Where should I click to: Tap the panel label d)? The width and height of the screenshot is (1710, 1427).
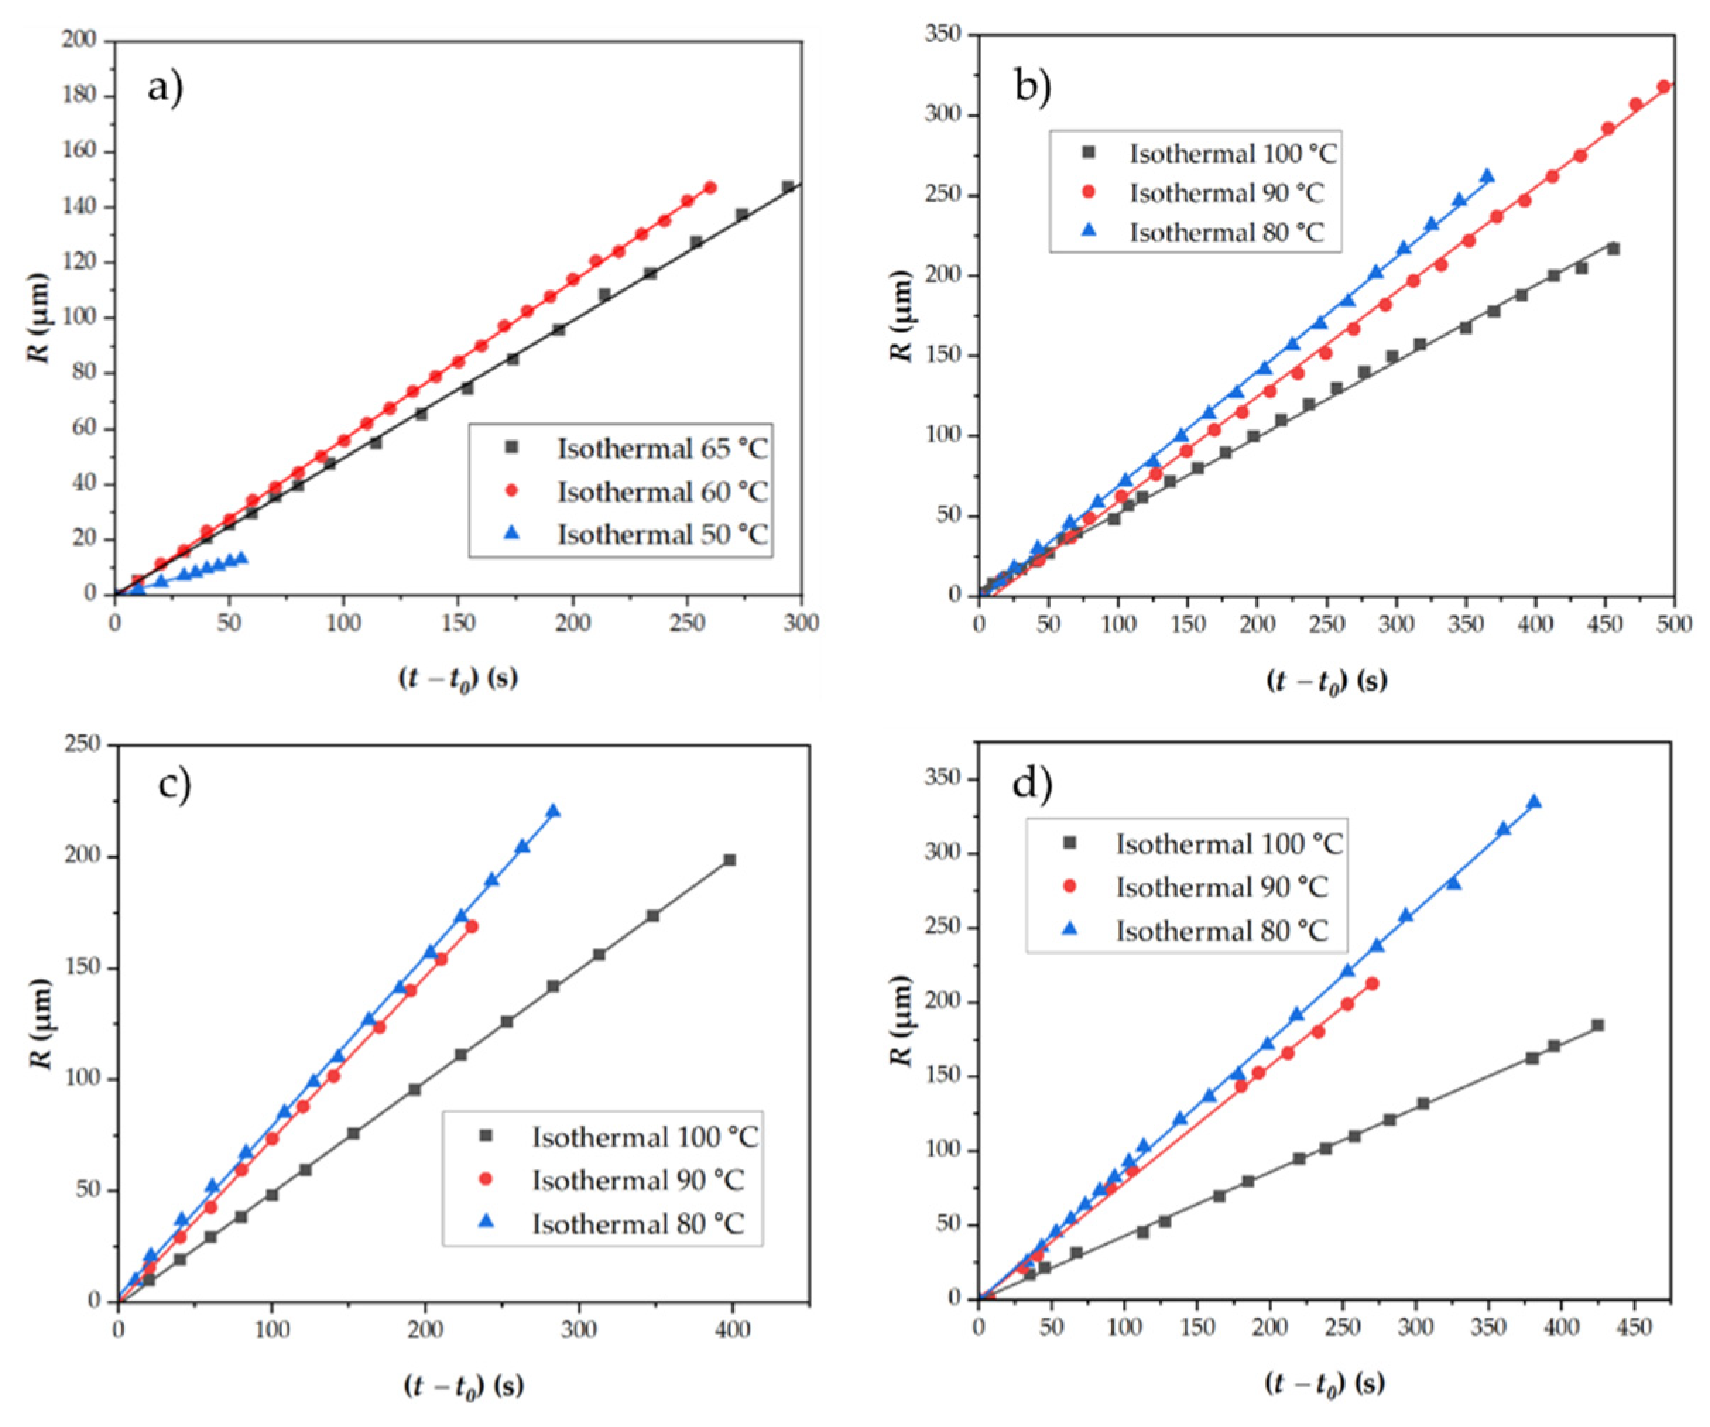pos(1032,784)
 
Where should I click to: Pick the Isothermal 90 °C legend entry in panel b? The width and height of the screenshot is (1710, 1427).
pos(1226,193)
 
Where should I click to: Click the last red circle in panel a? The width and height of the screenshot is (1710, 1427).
pos(710,187)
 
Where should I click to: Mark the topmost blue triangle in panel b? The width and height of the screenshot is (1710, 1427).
pos(1487,176)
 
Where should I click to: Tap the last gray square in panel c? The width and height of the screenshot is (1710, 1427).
pos(729,860)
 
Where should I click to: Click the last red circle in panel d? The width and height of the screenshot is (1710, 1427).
pos(1372,984)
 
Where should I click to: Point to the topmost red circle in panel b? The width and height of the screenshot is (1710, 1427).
pos(1663,87)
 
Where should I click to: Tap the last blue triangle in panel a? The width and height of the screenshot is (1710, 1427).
pos(241,558)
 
